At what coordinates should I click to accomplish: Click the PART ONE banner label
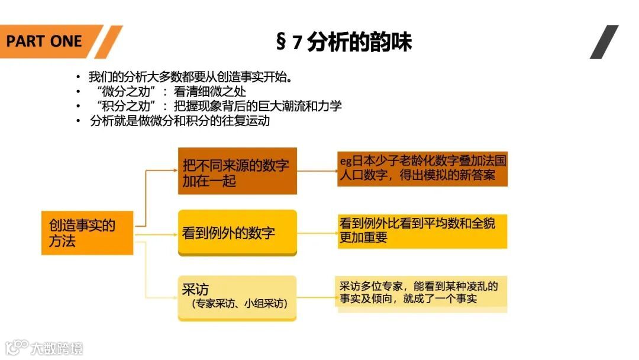pyautogui.click(x=45, y=41)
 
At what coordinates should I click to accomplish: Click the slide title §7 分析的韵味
pyautogui.click(x=343, y=42)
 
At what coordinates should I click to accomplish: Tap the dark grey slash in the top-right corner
pyautogui.click(x=604, y=41)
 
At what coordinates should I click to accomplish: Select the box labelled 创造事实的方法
pyautogui.click(x=87, y=233)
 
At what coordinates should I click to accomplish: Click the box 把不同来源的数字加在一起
pyautogui.click(x=237, y=171)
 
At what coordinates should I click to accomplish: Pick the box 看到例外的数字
pyautogui.click(x=237, y=233)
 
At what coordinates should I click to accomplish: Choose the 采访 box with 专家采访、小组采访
pyautogui.click(x=237, y=298)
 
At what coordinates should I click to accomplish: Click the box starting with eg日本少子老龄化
pyautogui.click(x=422, y=168)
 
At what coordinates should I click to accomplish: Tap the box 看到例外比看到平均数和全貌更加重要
pyautogui.click(x=422, y=231)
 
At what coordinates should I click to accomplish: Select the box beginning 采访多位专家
pyautogui.click(x=422, y=292)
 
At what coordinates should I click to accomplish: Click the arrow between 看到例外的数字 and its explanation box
pyautogui.click(x=317, y=233)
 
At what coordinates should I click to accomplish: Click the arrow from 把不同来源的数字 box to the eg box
pyautogui.click(x=317, y=171)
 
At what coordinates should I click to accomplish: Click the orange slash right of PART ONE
pyautogui.click(x=108, y=41)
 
